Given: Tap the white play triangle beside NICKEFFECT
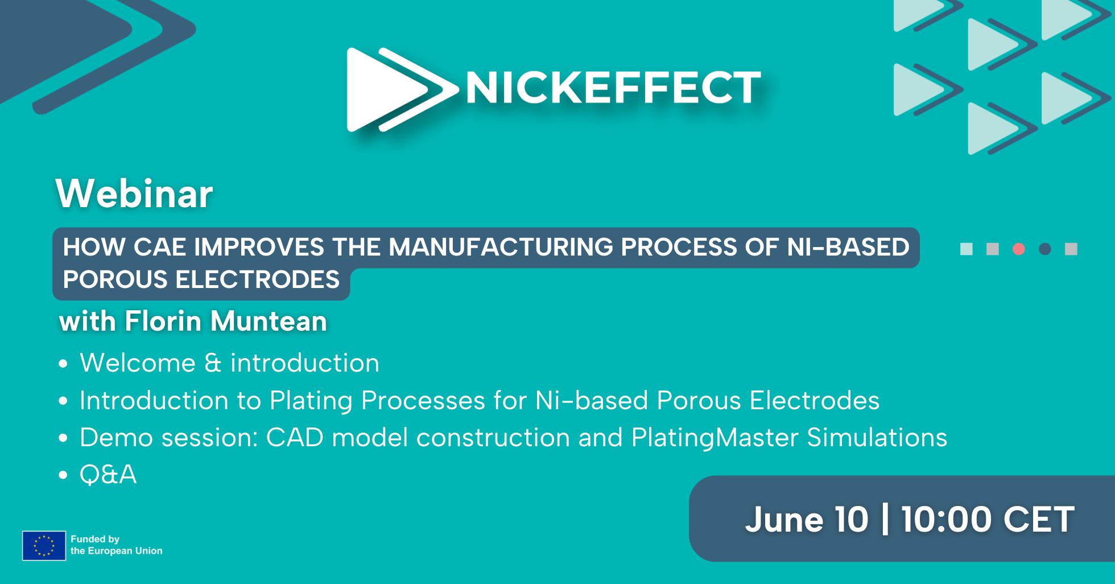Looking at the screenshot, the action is click(x=381, y=89).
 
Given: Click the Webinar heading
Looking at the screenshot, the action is click(x=134, y=194).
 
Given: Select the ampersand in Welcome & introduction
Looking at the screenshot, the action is click(x=212, y=363).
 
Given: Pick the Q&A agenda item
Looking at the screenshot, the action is click(x=108, y=475).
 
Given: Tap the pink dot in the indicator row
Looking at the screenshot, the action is click(x=1019, y=249).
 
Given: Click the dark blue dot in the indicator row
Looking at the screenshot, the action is click(x=1045, y=249).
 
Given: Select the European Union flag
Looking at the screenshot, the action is click(x=44, y=546).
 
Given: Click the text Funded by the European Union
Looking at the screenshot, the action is click(x=117, y=545).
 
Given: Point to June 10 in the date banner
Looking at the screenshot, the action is click(x=807, y=520).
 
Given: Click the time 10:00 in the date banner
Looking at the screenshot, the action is click(x=947, y=520).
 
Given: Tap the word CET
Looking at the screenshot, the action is click(x=1039, y=520).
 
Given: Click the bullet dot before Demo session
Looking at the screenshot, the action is click(x=63, y=438).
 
